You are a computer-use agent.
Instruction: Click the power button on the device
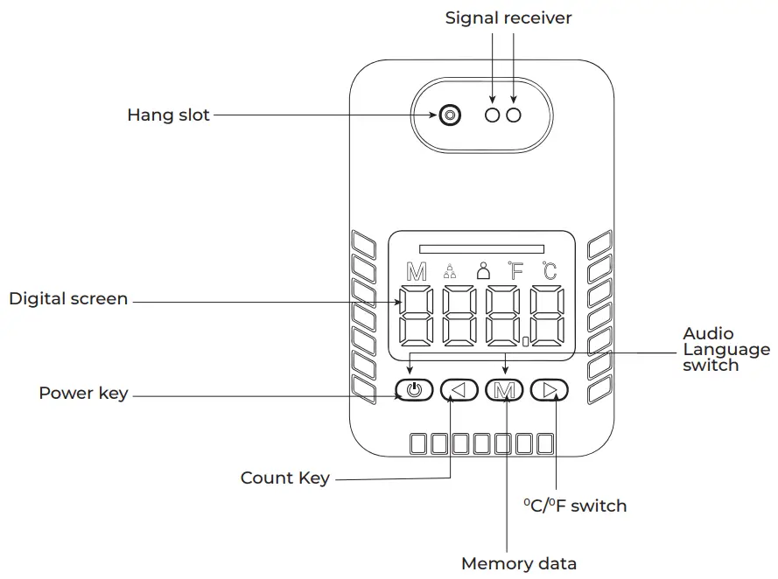pos(414,390)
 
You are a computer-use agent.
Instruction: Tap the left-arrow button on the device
pos(459,390)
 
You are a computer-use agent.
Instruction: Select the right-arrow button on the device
pos(550,390)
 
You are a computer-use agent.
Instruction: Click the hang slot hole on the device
pos(450,115)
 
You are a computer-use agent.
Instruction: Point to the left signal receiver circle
pos(492,115)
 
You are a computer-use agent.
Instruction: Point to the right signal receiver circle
pos(514,115)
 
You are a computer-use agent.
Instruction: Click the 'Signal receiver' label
pos(508,18)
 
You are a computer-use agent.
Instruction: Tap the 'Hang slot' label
pos(168,115)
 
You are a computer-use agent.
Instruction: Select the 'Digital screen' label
pos(68,299)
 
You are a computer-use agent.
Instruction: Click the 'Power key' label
pos(83,393)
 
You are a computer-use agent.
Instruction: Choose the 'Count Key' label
pos(285,478)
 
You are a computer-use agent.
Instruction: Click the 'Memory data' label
pos(519,563)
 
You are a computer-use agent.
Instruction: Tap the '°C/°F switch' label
pos(575,506)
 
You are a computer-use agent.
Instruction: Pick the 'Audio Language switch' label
pos(726,350)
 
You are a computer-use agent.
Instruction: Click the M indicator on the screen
pos(417,272)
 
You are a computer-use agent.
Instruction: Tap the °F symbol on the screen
pos(515,271)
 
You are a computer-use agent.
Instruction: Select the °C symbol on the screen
pos(550,271)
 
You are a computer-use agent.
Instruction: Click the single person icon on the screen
pos(483,270)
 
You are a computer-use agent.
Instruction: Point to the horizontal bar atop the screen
pos(482,249)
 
